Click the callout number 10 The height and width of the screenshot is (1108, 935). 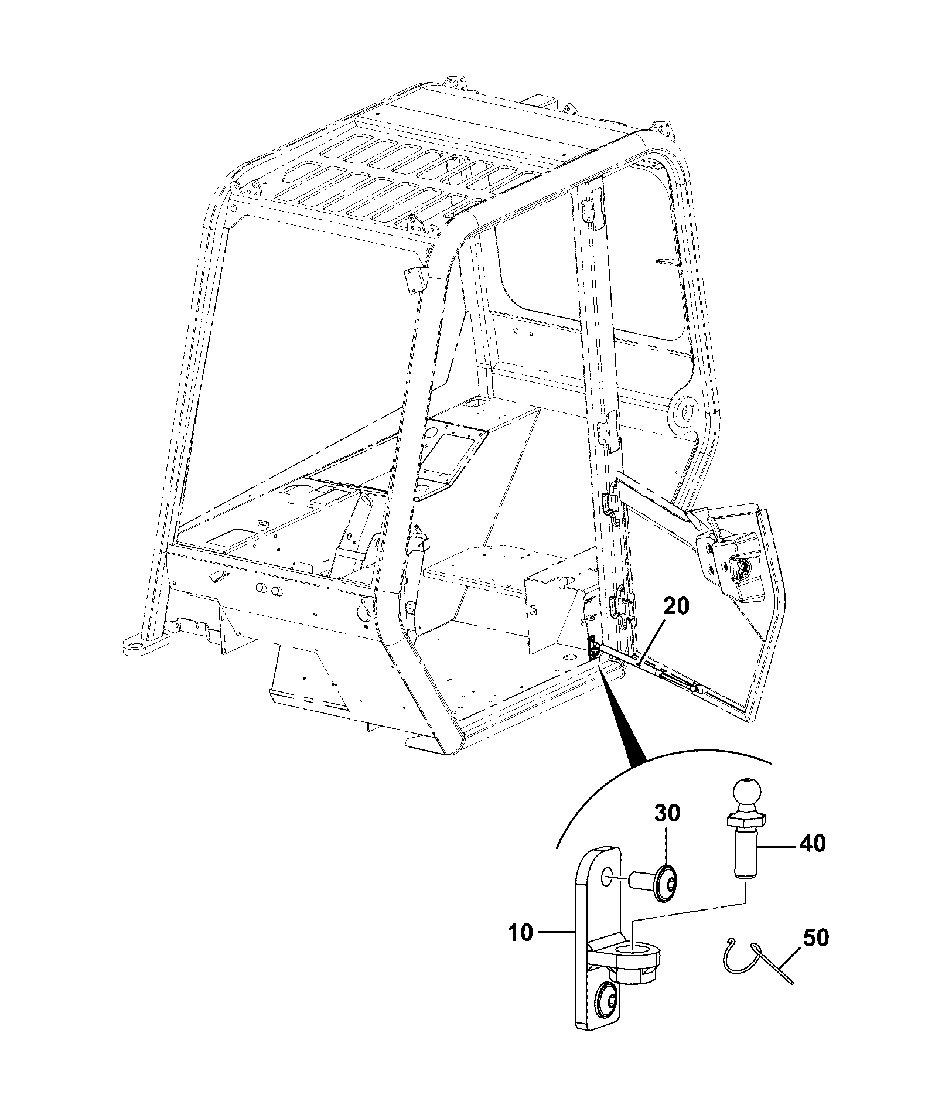tap(520, 932)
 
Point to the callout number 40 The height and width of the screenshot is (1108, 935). tap(811, 843)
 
